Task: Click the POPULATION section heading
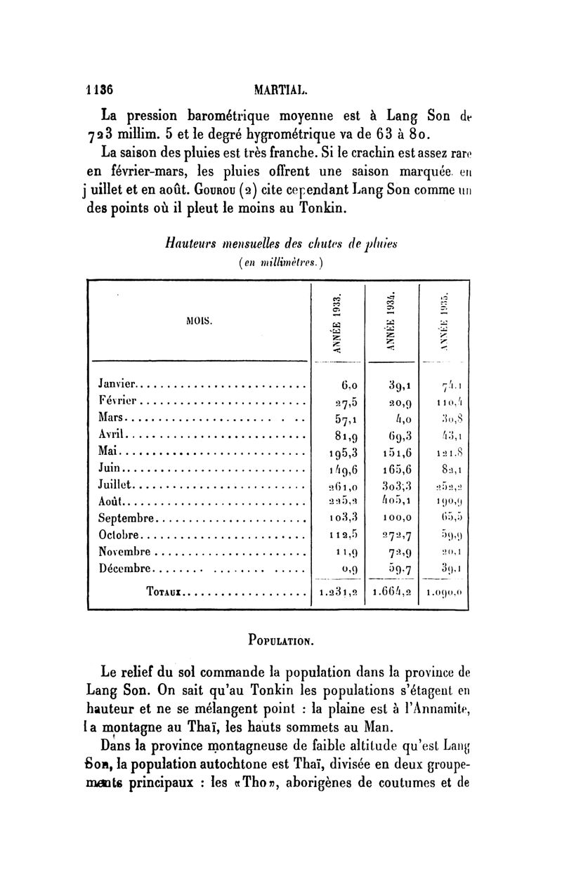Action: [x=281, y=640]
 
